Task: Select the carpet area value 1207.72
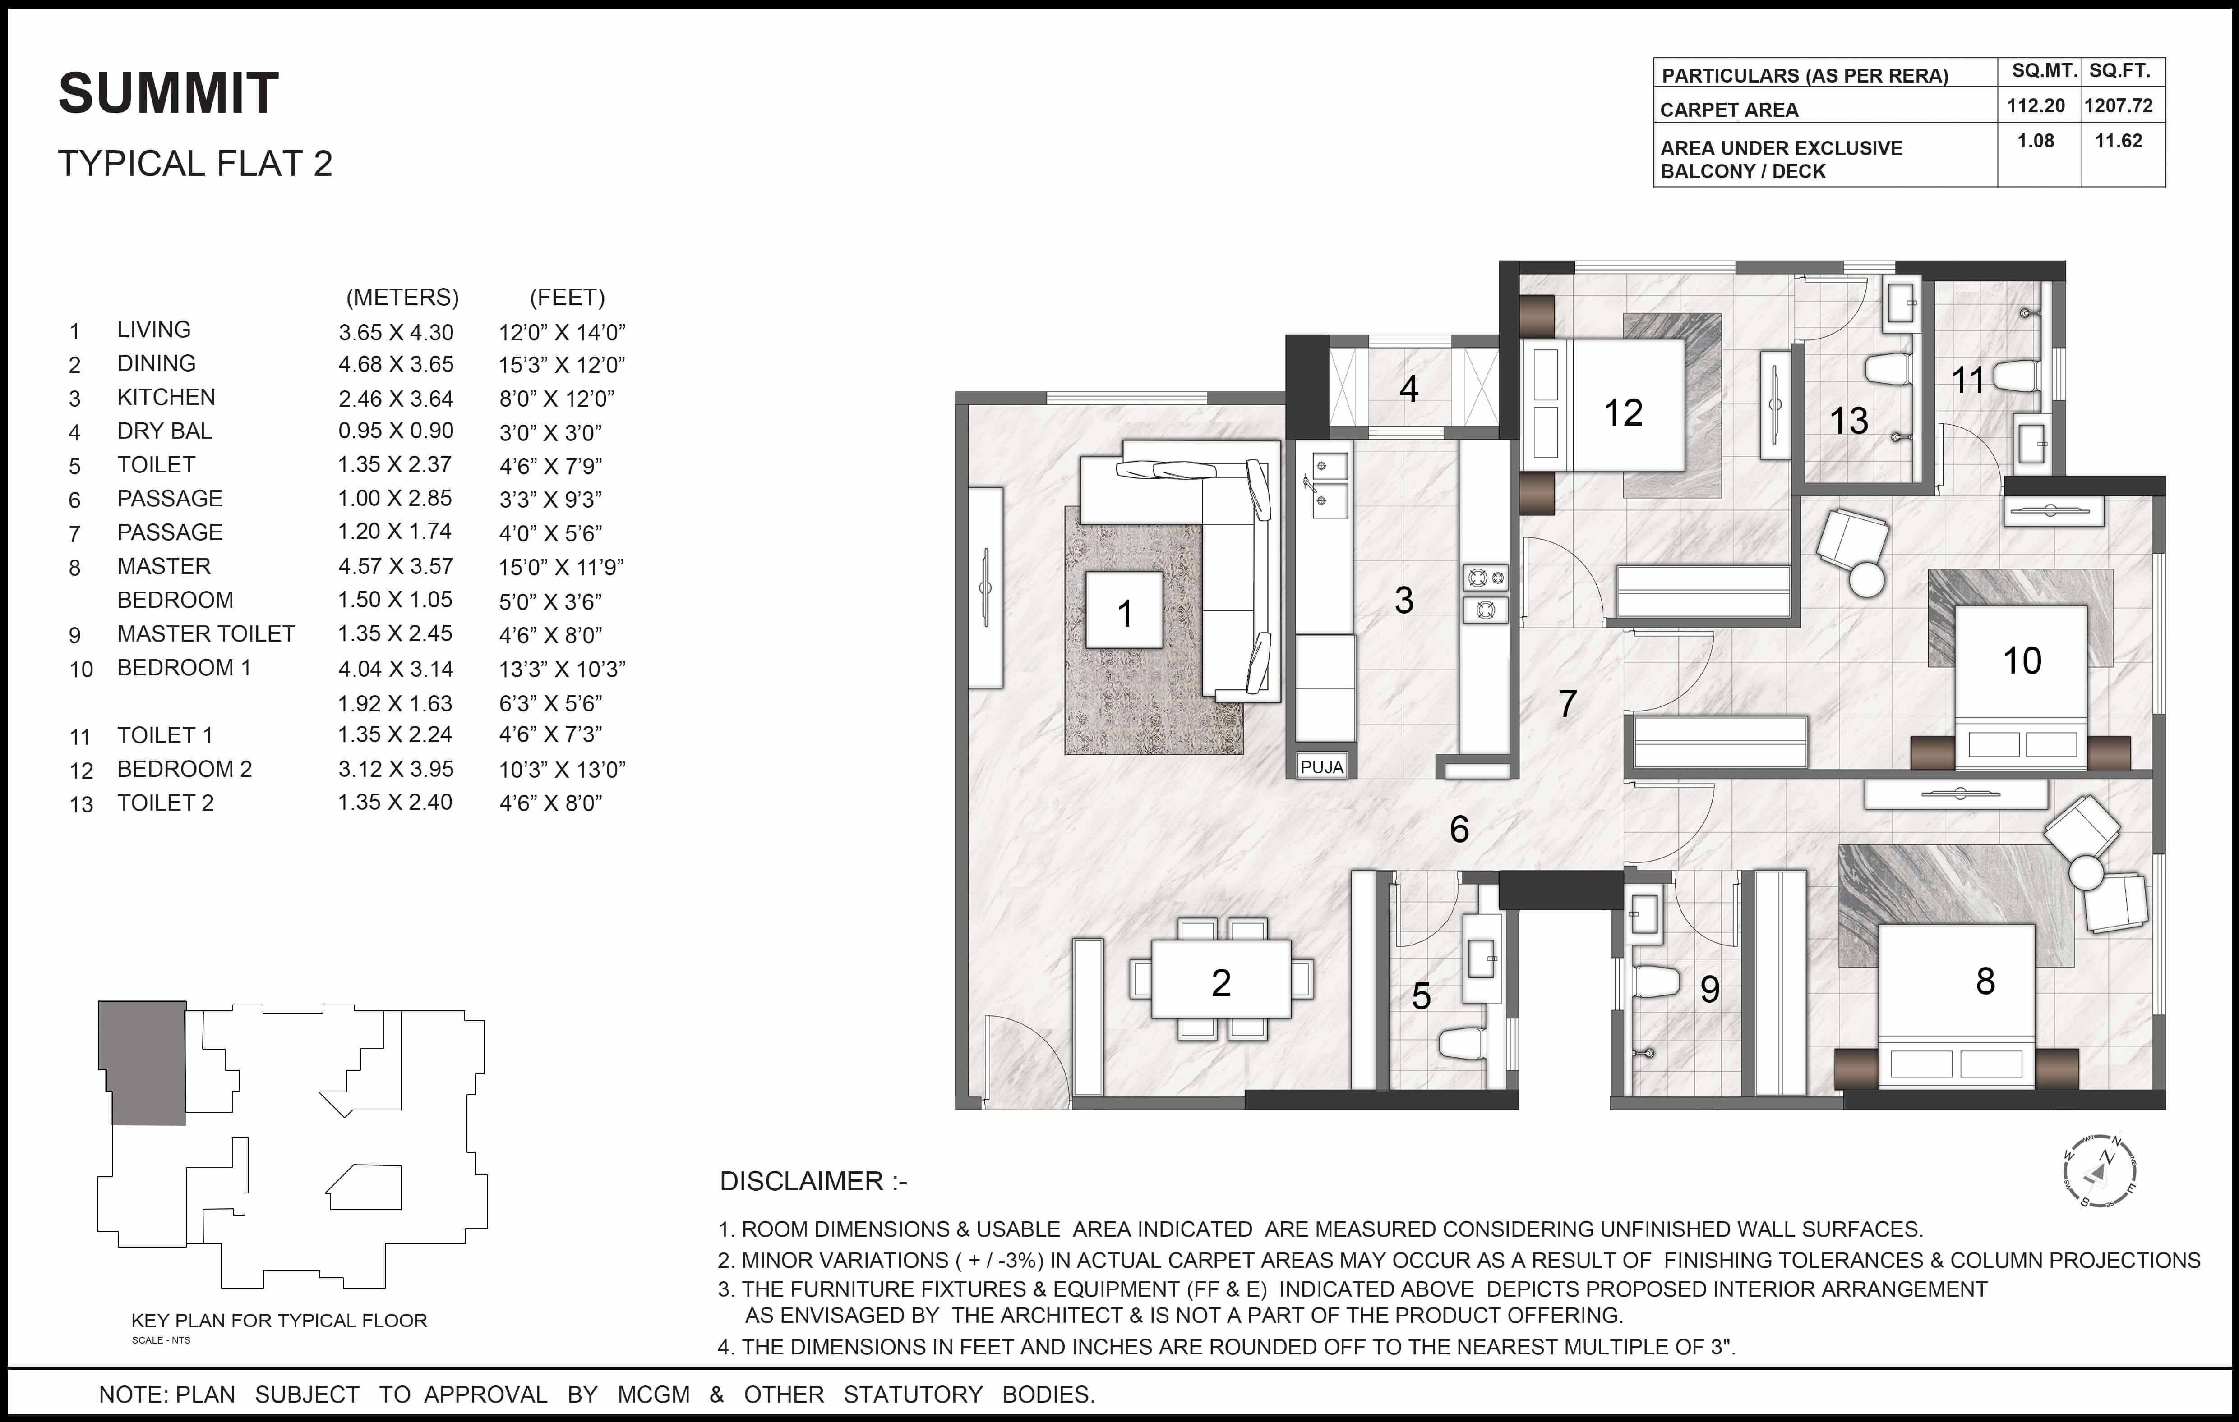tap(2118, 106)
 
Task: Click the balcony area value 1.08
tap(2036, 141)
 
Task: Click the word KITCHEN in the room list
tap(166, 397)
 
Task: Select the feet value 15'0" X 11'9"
tap(561, 567)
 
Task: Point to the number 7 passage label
tap(1568, 704)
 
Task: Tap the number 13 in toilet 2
tap(1848, 421)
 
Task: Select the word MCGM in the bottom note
tap(654, 1394)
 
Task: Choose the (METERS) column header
tap(402, 298)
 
